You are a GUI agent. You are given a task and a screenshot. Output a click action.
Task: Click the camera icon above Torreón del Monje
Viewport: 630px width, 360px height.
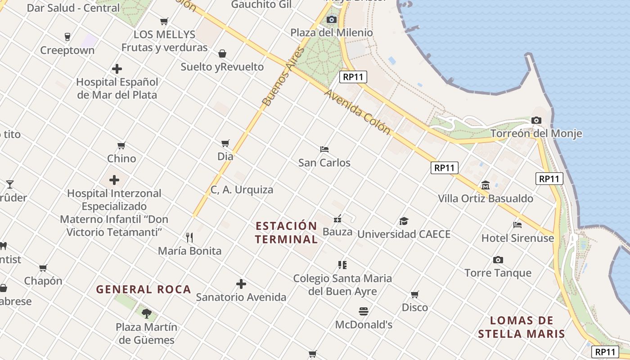(536, 120)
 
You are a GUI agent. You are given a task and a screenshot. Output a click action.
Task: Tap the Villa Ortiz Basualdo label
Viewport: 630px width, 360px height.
(486, 198)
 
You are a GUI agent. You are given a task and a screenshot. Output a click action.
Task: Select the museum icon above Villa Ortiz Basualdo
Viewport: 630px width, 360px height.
(486, 185)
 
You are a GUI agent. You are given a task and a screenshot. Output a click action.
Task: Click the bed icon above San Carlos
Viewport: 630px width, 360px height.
(324, 149)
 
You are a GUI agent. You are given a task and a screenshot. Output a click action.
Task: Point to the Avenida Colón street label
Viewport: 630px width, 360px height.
(357, 112)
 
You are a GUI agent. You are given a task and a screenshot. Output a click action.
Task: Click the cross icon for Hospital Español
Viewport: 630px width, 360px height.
(117, 69)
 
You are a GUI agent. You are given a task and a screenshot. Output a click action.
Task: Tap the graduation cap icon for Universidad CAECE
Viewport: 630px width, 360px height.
(404, 221)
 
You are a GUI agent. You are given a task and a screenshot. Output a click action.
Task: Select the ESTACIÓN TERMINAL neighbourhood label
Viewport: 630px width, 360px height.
(286, 232)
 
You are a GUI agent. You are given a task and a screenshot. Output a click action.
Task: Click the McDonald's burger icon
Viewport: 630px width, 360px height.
(364, 311)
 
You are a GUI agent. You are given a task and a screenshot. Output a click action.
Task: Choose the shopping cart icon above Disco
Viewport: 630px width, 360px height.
(414, 295)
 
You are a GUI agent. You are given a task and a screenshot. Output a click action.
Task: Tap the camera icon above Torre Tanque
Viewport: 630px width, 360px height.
(498, 260)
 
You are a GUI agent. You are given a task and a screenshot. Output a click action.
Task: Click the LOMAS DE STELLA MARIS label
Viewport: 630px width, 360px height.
(522, 327)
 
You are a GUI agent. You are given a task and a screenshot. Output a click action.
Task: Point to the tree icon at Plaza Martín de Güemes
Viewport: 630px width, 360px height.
(146, 313)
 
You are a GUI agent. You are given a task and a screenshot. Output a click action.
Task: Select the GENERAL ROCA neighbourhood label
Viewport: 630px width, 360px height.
(144, 289)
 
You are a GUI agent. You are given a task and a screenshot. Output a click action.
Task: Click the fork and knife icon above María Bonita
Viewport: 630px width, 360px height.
(189, 237)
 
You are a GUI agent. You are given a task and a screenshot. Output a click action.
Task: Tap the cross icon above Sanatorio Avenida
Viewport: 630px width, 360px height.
(241, 284)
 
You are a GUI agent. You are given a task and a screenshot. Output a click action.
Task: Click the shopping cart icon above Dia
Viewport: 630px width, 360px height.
(225, 144)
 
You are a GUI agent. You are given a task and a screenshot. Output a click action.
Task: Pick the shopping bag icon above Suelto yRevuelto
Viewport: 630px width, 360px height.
(222, 54)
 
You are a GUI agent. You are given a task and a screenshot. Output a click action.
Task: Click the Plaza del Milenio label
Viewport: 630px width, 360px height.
(331, 33)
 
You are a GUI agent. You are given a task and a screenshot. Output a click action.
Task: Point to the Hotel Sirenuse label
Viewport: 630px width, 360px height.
(517, 238)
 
